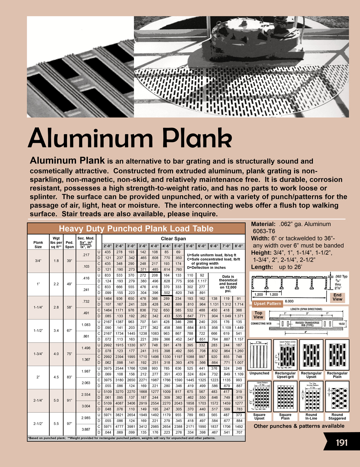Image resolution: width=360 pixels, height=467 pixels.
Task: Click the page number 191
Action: coord(341,442)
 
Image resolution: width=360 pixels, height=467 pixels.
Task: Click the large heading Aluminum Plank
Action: coord(130,138)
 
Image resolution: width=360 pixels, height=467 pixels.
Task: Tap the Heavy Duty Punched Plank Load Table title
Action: coord(136,229)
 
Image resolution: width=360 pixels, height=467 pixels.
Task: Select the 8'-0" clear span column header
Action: coord(239,246)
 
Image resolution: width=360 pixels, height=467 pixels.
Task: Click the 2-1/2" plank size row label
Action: coord(38,424)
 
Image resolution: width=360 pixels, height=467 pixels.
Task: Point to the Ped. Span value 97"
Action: coord(69,424)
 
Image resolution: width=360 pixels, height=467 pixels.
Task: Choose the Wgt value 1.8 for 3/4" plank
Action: coord(56,261)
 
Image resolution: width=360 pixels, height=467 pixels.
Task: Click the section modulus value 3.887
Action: coord(86,430)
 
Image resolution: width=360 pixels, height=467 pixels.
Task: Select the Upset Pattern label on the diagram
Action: coord(267,304)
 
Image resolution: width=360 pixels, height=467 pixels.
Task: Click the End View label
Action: coord(337,297)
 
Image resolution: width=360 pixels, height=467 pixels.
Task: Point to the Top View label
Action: coord(258,315)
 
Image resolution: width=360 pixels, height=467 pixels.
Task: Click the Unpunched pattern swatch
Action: coord(259,355)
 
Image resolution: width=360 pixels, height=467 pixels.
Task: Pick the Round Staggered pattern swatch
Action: coord(337,396)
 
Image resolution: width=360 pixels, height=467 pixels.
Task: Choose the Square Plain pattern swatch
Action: coord(285,396)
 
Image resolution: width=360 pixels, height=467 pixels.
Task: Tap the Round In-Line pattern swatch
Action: coord(311,396)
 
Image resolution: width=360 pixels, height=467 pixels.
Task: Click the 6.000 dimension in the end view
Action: coord(289,301)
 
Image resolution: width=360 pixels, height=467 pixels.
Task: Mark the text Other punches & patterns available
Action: coord(299,426)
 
